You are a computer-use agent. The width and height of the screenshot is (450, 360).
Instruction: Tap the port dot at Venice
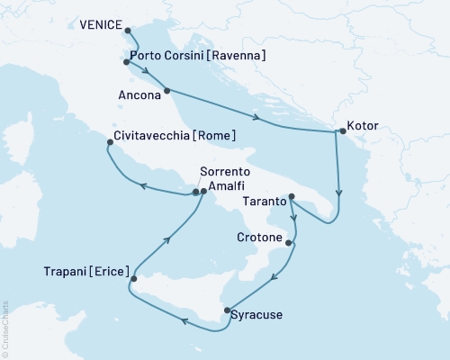coord(126,31)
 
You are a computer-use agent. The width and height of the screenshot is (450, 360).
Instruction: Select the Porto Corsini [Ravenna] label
coord(198,56)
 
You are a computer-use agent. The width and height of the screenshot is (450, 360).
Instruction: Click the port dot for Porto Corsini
coord(126,62)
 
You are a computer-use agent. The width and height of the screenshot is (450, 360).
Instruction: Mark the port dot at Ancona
coord(166,91)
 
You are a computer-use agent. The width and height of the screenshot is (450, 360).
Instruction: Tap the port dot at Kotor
coord(340,132)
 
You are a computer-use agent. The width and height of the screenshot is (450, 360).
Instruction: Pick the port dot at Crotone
coord(288,242)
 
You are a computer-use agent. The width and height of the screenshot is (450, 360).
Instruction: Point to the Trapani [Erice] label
coord(85,270)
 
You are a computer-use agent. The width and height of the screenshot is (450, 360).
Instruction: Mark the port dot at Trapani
coord(133,279)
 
